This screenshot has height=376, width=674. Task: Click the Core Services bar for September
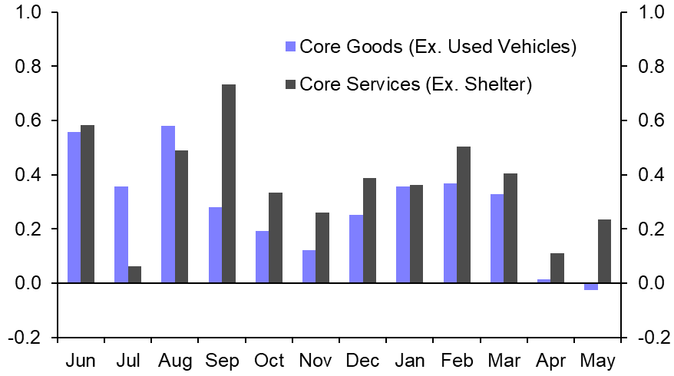tap(229, 183)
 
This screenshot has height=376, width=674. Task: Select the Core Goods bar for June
tap(74, 207)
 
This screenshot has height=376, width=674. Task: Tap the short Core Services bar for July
tap(134, 275)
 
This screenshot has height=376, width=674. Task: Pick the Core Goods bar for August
tap(167, 204)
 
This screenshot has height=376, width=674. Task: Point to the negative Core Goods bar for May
tap(591, 286)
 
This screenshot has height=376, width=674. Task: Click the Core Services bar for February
tap(463, 215)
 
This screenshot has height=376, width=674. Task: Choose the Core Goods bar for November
tap(309, 266)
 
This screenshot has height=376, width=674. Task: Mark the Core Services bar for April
tap(557, 268)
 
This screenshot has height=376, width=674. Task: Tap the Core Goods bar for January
tap(403, 235)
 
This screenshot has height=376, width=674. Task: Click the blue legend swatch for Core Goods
tap(290, 47)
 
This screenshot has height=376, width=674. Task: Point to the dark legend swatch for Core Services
tap(290, 84)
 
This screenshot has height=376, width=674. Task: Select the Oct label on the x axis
tap(269, 360)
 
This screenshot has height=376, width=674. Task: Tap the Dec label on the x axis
tap(363, 360)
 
